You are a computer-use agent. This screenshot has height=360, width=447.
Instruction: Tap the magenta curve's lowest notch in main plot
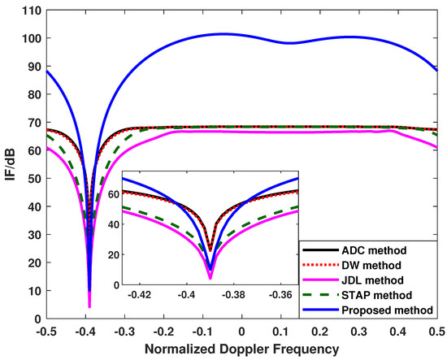pyautogui.click(x=89, y=306)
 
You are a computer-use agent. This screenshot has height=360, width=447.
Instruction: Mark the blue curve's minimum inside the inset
pyautogui.click(x=210, y=269)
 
